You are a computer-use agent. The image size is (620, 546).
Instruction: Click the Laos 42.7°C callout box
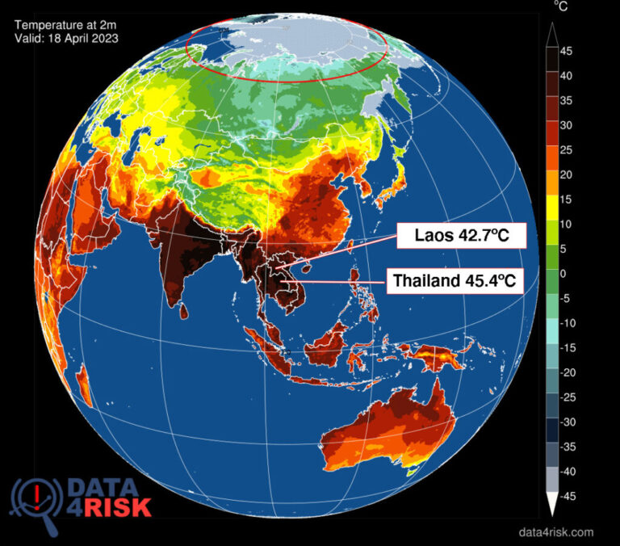click(460, 237)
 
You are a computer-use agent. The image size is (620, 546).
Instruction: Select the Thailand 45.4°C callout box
click(454, 282)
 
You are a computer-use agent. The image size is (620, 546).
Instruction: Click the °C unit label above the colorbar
click(560, 6)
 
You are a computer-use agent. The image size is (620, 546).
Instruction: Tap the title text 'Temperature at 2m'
click(64, 24)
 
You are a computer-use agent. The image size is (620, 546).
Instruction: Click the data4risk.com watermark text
click(555, 531)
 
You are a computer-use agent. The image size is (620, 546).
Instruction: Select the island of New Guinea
click(440, 355)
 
